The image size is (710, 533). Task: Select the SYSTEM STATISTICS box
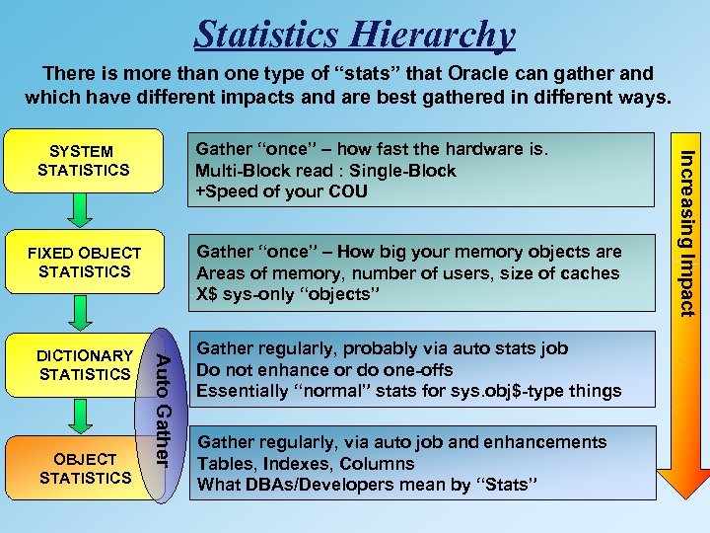point(83,161)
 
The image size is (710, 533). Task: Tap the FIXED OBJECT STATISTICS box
point(83,263)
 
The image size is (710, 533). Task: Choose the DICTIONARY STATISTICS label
point(83,365)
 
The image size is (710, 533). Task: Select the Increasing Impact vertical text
point(688,232)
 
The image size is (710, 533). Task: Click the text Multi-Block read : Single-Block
point(326,171)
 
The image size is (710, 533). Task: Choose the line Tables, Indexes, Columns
point(306,463)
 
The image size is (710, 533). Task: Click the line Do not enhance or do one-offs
point(324,369)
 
